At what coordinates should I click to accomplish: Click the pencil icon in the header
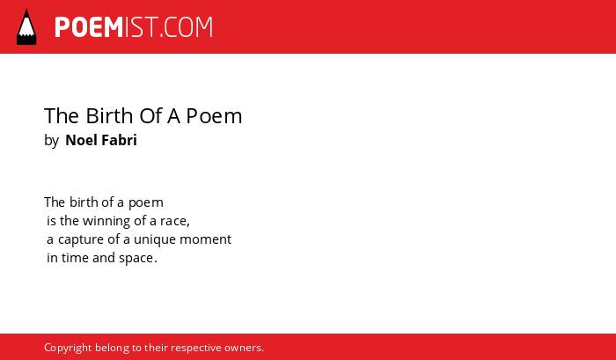pyautogui.click(x=26, y=26)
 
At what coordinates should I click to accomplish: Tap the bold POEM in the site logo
pyautogui.click(x=89, y=27)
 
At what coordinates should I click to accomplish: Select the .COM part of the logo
pyautogui.click(x=187, y=27)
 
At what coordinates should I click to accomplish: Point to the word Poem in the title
pyautogui.click(x=214, y=115)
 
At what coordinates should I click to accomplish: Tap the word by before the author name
pyautogui.click(x=51, y=140)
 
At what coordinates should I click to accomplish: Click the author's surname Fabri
pyautogui.click(x=120, y=140)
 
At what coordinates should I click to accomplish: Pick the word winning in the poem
pyautogui.click(x=106, y=221)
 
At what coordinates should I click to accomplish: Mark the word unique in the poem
pyautogui.click(x=155, y=239)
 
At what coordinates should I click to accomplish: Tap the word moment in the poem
pyautogui.click(x=205, y=239)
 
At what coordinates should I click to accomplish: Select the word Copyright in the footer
pyautogui.click(x=68, y=348)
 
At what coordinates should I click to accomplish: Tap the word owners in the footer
pyautogui.click(x=243, y=348)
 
